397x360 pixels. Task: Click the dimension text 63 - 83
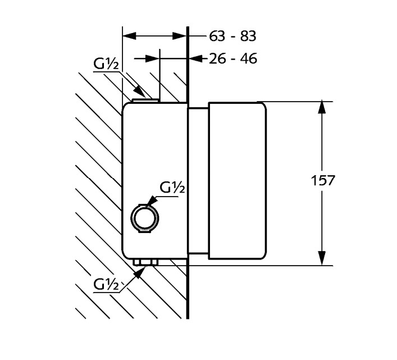[232, 37]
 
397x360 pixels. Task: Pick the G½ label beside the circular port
[172, 188]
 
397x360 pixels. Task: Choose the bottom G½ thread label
[106, 285]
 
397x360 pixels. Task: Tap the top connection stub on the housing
[145, 100]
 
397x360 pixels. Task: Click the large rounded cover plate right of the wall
[237, 181]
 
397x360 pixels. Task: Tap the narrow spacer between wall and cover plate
[198, 181]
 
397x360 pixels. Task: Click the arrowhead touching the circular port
[150, 201]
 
